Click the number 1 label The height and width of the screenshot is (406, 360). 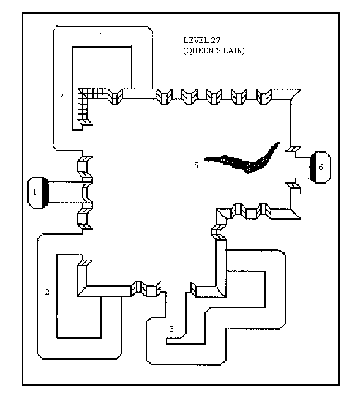pos(34,192)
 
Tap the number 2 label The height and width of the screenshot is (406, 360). pos(47,292)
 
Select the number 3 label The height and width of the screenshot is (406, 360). pos(171,329)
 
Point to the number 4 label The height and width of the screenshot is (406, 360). pos(63,96)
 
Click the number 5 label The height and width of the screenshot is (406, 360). pos(196,165)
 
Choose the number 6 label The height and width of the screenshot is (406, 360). pos(320,167)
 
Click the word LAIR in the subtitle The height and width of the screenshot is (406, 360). pos(234,50)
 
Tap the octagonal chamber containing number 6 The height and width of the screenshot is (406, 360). pos(320,168)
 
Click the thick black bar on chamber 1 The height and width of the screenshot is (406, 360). pos(46,192)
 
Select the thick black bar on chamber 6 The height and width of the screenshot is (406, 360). pos(312,168)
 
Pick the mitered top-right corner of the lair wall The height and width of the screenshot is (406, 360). pos(296,94)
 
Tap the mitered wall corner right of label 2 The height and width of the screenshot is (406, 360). pos(82,291)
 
